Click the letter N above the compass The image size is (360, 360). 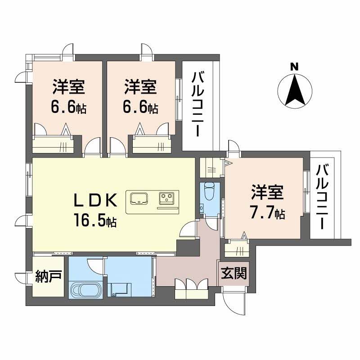[x=294, y=66]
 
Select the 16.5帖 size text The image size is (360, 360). [x=96, y=220]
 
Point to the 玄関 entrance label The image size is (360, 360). [x=234, y=273]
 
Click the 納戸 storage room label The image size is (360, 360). [x=49, y=277]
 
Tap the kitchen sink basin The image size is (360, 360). [x=140, y=198]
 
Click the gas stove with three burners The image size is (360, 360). [x=167, y=198]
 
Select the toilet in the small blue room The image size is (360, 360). [x=208, y=191]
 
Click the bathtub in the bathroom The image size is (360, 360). [x=85, y=290]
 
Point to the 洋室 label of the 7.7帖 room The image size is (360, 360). [x=267, y=193]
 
